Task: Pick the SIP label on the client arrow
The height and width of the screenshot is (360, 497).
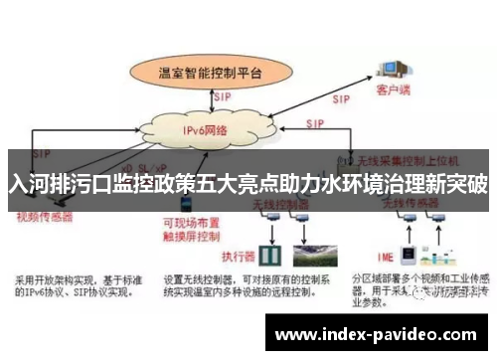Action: point(340,99)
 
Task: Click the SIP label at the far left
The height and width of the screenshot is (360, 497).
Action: point(41,155)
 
